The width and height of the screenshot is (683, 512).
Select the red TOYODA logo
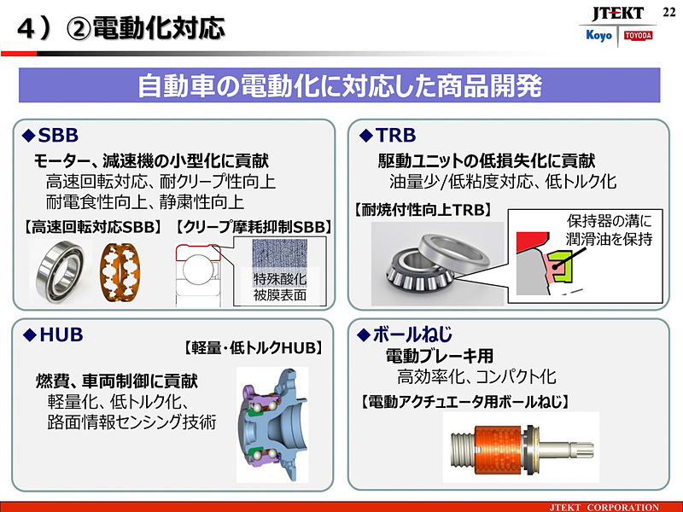click(x=637, y=36)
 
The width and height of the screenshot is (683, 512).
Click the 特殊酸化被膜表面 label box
click(x=280, y=288)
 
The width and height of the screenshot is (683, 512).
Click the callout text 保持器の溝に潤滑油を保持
click(x=609, y=230)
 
